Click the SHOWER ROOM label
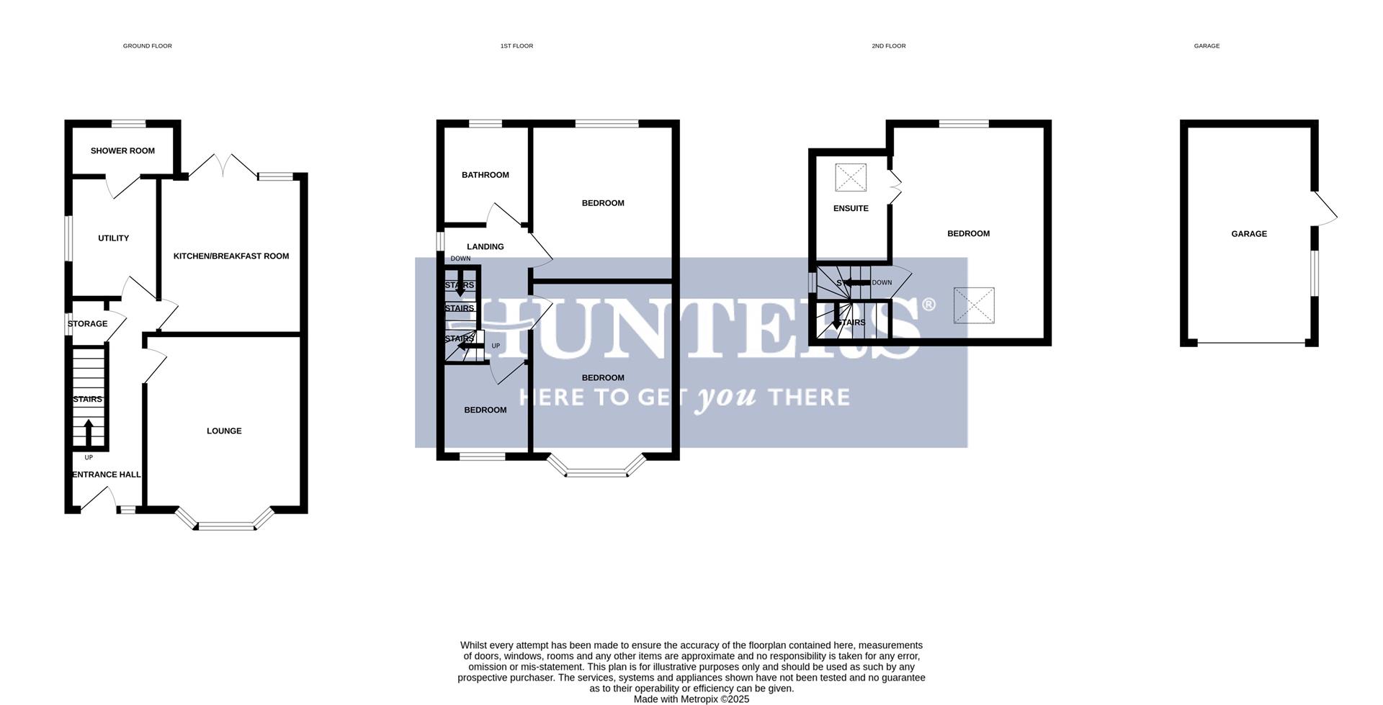tap(122, 151)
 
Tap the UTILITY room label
tap(113, 238)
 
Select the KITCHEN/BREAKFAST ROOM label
tap(231, 256)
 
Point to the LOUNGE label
tap(224, 431)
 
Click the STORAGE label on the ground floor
tap(88, 324)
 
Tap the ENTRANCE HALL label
tap(107, 475)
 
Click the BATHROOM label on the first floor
tap(485, 175)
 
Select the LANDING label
tap(485, 247)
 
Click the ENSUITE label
tap(851, 209)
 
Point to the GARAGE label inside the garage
tap(1248, 234)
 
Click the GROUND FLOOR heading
tap(147, 46)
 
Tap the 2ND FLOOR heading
tap(888, 46)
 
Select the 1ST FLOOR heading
tap(516, 46)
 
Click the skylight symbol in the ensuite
tap(851, 177)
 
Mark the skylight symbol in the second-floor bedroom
tap(974, 305)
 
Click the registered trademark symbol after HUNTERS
tap(928, 305)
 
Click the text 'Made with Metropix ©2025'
tap(691, 699)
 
